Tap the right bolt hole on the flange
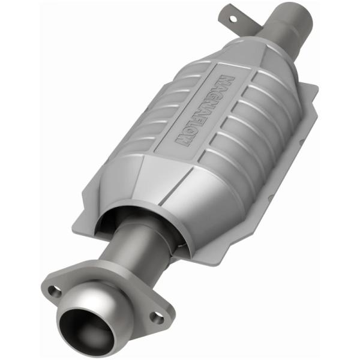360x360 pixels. pos(157,317)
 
